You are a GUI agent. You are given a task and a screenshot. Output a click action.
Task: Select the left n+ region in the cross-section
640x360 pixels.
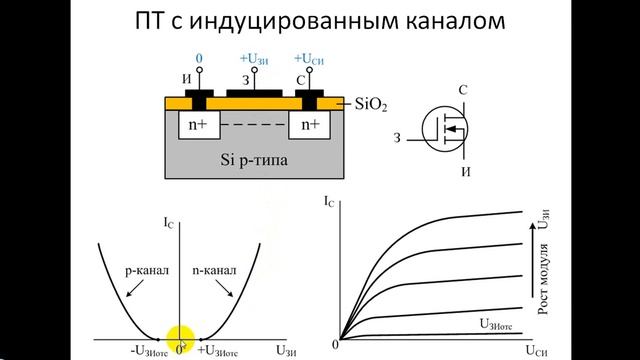tap(197, 125)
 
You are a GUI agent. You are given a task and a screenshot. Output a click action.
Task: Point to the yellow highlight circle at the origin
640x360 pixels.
tap(180, 339)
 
